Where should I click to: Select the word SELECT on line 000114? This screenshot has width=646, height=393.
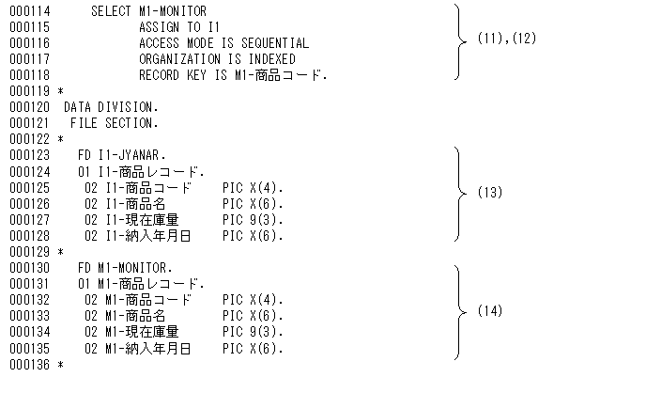pyautogui.click(x=111, y=11)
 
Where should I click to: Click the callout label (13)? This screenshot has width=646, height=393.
pyautogui.click(x=490, y=193)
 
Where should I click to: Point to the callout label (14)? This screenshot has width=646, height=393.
pyautogui.click(x=490, y=311)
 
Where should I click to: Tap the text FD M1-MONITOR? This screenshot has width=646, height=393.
pyautogui.click(x=126, y=268)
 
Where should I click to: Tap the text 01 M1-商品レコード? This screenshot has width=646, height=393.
pyautogui.click(x=141, y=283)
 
